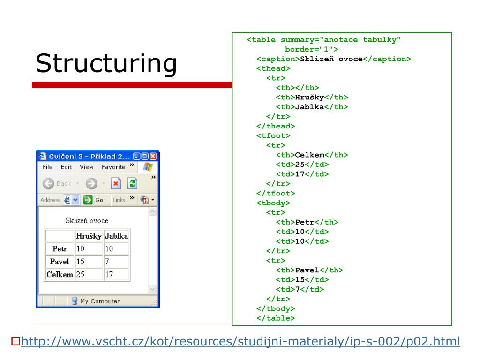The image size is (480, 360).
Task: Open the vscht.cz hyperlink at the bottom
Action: (x=240, y=341)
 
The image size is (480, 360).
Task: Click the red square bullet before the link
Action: (x=15, y=341)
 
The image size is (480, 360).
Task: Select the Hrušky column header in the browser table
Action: (x=89, y=236)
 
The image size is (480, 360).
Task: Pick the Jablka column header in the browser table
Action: (x=116, y=236)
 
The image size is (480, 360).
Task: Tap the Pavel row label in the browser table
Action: (x=60, y=262)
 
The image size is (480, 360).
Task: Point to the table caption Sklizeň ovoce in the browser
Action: (x=87, y=220)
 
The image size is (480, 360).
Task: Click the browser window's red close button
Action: (x=153, y=156)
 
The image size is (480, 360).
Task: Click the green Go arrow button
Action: (x=88, y=200)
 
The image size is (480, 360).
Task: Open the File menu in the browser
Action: (x=47, y=167)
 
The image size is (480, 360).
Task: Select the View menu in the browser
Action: (x=86, y=167)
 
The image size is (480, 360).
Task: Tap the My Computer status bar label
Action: (x=99, y=301)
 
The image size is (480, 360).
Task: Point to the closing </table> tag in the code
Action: (x=276, y=318)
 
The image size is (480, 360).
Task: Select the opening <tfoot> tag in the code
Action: (x=273, y=136)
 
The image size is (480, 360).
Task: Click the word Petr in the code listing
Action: (x=305, y=222)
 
